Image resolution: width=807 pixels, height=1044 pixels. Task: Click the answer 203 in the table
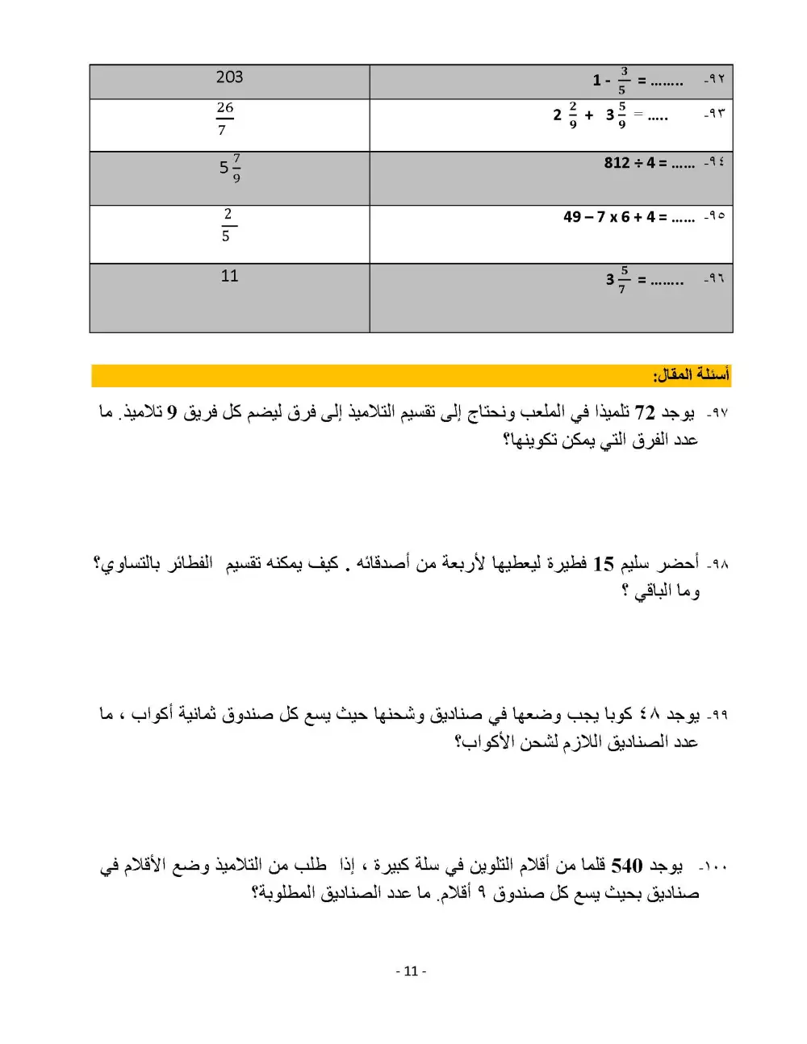(229, 77)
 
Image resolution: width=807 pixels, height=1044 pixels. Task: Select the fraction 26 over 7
(224, 118)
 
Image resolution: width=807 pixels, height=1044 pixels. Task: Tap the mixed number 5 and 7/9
(229, 168)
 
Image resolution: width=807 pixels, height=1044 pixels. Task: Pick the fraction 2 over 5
(227, 224)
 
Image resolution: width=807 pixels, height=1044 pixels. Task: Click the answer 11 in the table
(229, 276)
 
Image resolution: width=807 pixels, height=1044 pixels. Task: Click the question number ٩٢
(713, 79)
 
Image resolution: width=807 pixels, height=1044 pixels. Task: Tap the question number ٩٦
(713, 278)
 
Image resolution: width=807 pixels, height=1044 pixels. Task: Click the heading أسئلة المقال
(691, 375)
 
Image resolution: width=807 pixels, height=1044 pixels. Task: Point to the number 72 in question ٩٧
(645, 413)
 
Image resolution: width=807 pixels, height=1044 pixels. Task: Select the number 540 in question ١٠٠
(627, 867)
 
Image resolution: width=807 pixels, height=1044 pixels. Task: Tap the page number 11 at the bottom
(411, 971)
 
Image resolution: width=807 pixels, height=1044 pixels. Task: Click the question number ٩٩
(717, 715)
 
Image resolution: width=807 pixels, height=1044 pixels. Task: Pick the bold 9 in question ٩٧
(171, 413)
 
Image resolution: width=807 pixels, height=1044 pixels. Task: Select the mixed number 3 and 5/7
(617, 279)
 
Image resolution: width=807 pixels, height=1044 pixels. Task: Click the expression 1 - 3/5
(612, 80)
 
